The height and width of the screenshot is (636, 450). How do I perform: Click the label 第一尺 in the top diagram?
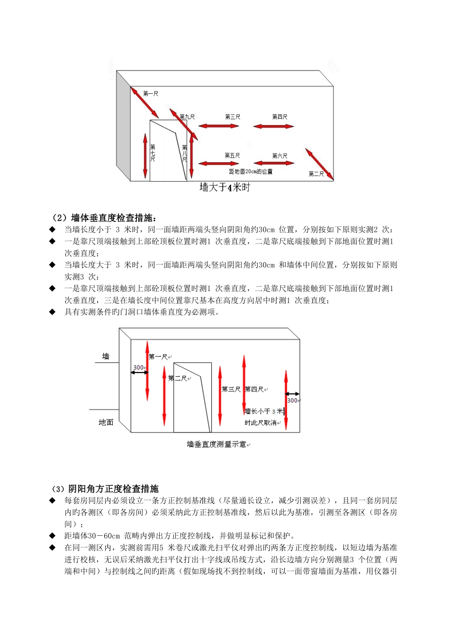point(150,94)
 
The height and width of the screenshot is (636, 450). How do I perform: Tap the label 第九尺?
point(187,116)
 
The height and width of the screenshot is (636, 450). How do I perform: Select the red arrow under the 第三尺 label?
point(218,126)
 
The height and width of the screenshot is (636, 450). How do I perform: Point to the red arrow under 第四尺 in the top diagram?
point(273,126)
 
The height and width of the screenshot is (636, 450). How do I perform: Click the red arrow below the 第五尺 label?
point(218,163)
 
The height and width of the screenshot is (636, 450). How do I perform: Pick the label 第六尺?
point(279,156)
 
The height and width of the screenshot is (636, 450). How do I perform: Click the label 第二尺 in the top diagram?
point(316,174)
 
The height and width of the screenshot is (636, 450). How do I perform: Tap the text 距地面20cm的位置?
point(251,171)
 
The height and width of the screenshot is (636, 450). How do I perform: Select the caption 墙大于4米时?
point(225,187)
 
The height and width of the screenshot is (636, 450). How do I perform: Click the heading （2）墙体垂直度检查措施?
point(104,218)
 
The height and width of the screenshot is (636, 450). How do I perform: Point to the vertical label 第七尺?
point(153,153)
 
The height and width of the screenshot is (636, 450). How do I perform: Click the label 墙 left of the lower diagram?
point(106,356)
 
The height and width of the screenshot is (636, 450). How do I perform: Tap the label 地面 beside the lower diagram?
point(106,422)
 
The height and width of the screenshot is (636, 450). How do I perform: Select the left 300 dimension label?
point(139,367)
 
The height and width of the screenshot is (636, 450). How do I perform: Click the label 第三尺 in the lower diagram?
point(231,389)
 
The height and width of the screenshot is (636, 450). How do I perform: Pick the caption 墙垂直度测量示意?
point(216,444)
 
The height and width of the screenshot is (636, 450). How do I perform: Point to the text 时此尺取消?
point(261,423)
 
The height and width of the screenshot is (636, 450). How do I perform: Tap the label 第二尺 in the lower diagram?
point(177,378)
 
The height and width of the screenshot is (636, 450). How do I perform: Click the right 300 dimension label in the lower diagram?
point(292,400)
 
